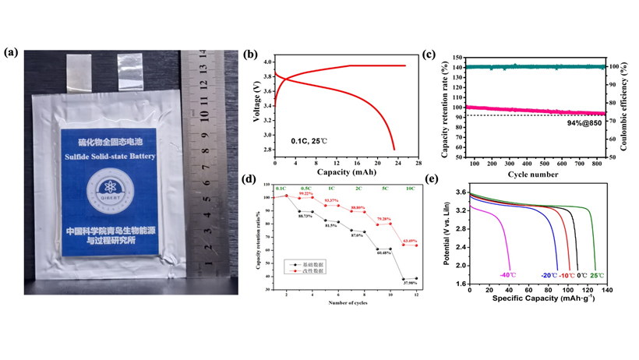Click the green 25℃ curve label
pos(596,275)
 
